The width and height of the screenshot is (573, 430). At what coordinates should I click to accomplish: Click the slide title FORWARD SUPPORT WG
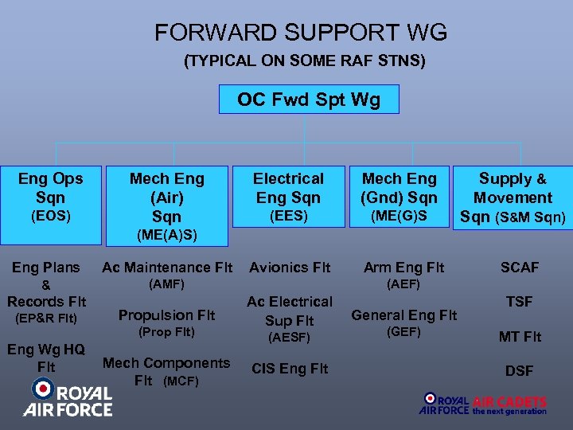coord(301,33)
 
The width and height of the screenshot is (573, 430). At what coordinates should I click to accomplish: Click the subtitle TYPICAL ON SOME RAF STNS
coord(305,61)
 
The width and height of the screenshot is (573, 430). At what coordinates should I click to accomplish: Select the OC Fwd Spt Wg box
coord(309,100)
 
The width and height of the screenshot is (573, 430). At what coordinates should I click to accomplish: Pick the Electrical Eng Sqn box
coord(288,196)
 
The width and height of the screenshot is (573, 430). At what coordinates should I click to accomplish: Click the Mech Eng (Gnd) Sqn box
coord(400,196)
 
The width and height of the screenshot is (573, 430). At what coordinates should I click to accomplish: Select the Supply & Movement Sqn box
coord(513,197)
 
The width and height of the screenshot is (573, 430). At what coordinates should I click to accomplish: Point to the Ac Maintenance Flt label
coord(167,268)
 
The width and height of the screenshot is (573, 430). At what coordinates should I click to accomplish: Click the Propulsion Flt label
coord(167,315)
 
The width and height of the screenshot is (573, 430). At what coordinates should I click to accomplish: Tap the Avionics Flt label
coord(290,268)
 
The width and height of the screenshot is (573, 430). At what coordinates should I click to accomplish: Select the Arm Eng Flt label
coord(404,268)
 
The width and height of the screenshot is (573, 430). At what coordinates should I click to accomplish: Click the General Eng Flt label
coord(404,315)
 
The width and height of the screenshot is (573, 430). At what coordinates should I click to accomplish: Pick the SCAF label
coord(520,268)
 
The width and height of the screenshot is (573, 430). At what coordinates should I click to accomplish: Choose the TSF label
coord(520,302)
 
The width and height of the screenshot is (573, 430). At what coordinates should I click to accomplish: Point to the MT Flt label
coord(520,337)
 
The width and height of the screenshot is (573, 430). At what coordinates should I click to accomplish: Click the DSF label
coord(520,371)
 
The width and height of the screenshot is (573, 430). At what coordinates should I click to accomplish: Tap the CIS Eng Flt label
coord(290,369)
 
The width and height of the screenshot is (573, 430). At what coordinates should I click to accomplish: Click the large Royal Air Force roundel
coord(44,390)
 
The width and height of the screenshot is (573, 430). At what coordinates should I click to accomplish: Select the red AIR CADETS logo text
coord(509,402)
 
